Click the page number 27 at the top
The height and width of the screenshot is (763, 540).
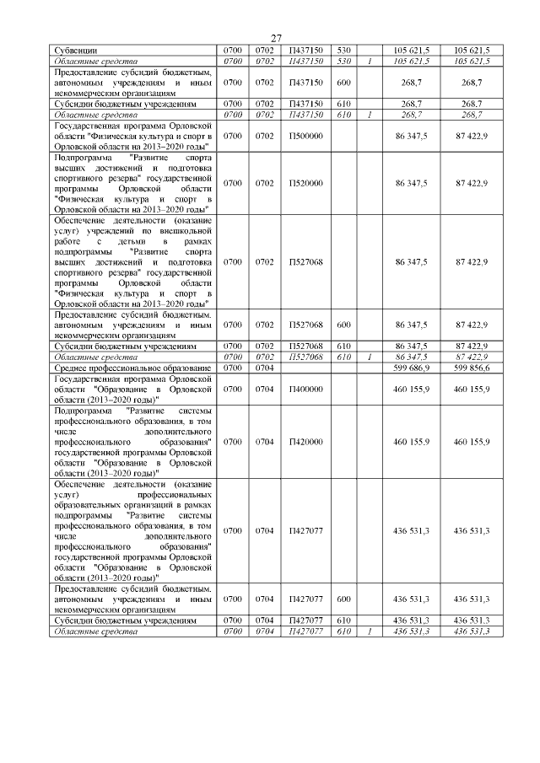276,38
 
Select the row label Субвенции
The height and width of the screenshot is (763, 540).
73,50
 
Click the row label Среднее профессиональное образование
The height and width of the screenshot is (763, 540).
132,368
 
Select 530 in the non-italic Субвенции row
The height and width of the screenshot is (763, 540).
343,50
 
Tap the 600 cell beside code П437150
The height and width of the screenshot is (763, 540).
343,83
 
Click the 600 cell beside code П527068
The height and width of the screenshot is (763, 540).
343,324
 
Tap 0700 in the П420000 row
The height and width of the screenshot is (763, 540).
233,441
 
